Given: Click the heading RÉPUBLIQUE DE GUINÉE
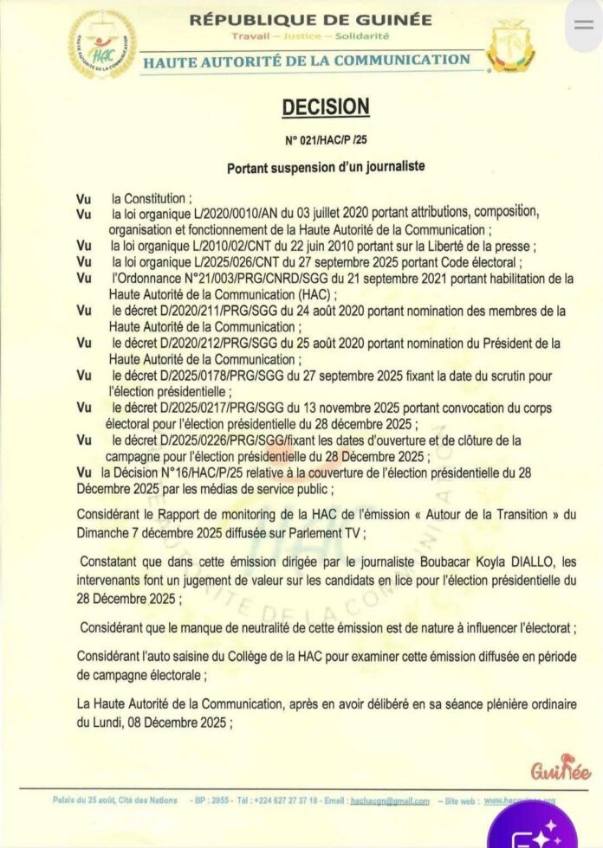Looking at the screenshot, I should pyautogui.click(x=310, y=18).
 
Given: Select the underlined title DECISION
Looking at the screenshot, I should pyautogui.click(x=326, y=106).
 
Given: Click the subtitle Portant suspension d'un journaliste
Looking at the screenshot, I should pyautogui.click(x=326, y=165).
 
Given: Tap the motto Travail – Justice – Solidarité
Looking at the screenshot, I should pyautogui.click(x=310, y=36).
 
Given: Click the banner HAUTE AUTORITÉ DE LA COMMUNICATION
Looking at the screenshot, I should pyautogui.click(x=307, y=61).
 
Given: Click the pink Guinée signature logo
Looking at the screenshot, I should pyautogui.click(x=561, y=767).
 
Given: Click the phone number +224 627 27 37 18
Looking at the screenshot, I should pyautogui.click(x=286, y=800).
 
